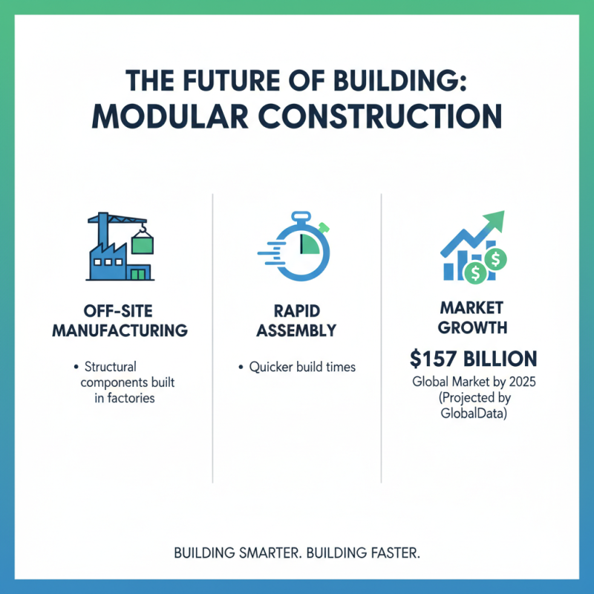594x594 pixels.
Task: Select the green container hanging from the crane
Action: [143, 241]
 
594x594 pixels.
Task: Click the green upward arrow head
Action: [494, 221]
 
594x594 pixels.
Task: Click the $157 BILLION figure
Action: [472, 359]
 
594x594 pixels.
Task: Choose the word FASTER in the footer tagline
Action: [391, 554]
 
